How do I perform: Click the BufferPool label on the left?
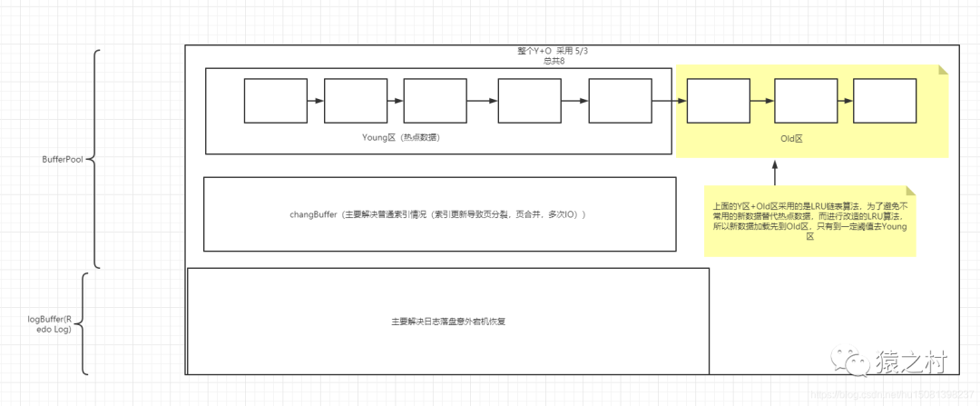[62, 158]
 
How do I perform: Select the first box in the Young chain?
[275, 101]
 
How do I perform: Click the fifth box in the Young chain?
[620, 101]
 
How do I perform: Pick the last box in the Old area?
[884, 101]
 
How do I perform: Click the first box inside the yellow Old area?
[718, 101]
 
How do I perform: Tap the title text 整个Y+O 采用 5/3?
[546, 51]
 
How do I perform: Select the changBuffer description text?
[437, 215]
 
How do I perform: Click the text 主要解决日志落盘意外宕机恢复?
[447, 322]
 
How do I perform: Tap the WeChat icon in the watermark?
[856, 362]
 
